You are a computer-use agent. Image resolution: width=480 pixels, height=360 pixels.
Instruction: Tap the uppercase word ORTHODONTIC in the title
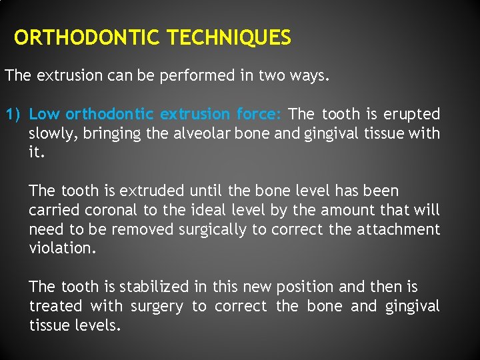pyautogui.click(x=88, y=38)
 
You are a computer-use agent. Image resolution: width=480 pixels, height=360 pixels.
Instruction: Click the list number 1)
pyautogui.click(x=14, y=114)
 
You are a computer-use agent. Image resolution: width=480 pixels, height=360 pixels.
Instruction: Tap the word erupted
pyautogui.click(x=412, y=114)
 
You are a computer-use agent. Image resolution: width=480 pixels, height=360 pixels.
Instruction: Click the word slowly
pyautogui.click(x=53, y=133)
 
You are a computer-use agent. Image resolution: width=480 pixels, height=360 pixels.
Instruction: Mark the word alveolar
pyautogui.click(x=199, y=133)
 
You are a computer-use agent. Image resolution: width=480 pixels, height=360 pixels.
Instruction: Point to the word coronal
pyautogui.click(x=113, y=210)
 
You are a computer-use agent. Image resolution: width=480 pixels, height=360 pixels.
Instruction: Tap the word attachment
pyautogui.click(x=399, y=229)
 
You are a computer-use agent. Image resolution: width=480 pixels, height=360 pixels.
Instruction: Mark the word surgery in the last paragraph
pyautogui.click(x=157, y=306)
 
